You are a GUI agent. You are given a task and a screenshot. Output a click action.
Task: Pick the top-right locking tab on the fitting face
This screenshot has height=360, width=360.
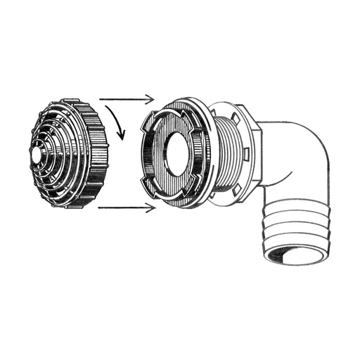tap(195, 112)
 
